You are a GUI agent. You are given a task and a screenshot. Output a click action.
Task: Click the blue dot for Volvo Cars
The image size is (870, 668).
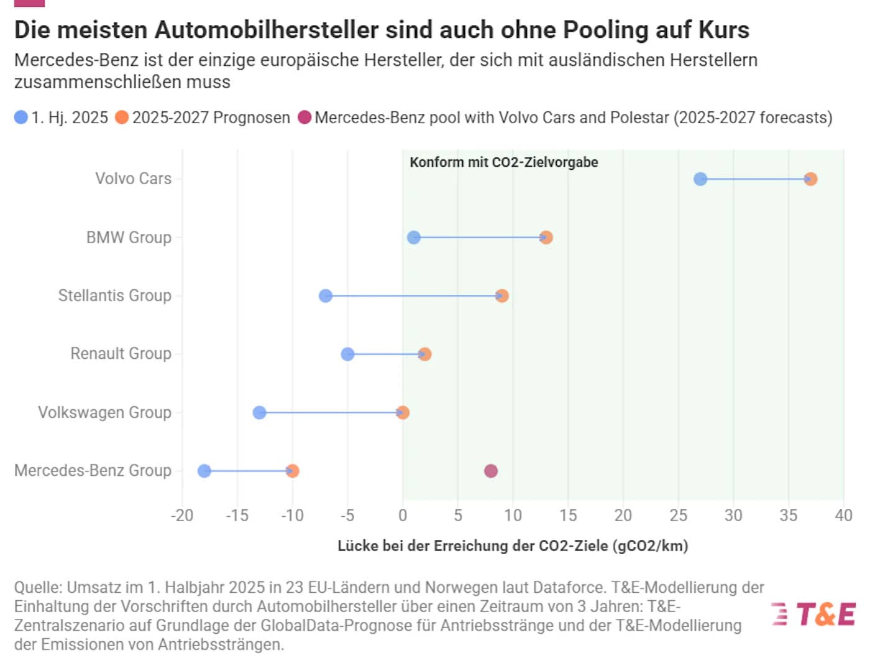click(x=700, y=179)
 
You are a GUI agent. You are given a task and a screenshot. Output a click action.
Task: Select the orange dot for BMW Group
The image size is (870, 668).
click(x=546, y=238)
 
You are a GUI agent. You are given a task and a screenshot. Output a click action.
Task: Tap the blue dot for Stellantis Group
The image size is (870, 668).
click(x=326, y=296)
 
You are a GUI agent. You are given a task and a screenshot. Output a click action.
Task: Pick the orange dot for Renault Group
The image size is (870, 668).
click(x=424, y=355)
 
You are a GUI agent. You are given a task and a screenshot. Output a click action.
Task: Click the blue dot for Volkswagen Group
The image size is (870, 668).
click(x=260, y=412)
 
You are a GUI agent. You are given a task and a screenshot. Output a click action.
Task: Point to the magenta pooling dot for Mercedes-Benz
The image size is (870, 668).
click(x=491, y=471)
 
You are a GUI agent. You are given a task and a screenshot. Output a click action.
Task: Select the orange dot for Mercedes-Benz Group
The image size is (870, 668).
click(x=293, y=471)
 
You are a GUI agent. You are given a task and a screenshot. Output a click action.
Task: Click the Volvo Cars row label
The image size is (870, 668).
click(x=133, y=179)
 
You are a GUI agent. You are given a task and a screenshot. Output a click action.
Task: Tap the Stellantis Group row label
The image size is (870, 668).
click(x=114, y=295)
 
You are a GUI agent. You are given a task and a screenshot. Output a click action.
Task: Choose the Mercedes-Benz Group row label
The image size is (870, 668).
click(x=93, y=471)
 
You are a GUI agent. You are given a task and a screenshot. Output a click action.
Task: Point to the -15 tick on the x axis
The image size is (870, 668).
click(x=237, y=516)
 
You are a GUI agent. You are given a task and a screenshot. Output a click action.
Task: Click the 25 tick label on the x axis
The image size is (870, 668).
click(x=678, y=516)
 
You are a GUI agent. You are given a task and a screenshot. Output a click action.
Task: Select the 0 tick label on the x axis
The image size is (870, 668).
click(x=403, y=516)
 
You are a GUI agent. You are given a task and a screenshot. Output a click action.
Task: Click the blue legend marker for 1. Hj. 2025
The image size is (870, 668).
click(x=21, y=118)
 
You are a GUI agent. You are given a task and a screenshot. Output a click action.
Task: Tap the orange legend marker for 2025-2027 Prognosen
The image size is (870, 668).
click(x=122, y=118)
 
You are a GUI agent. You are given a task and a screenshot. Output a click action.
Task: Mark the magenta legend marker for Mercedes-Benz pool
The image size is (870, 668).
click(x=304, y=118)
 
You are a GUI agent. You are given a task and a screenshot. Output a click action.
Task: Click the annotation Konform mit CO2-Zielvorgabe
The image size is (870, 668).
click(x=503, y=162)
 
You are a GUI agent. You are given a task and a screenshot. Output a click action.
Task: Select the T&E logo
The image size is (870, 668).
click(x=814, y=615)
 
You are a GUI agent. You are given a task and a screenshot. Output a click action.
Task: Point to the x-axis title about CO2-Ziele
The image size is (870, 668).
click(x=513, y=546)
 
